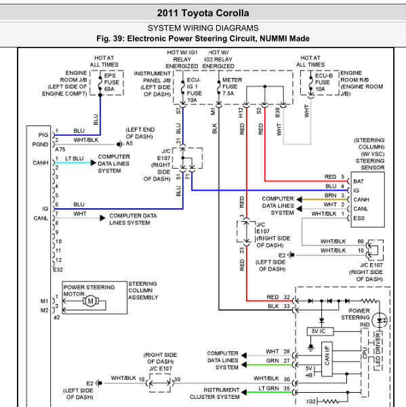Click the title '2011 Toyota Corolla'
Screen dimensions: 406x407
(x=203, y=13)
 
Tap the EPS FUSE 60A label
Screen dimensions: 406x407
(x=112, y=82)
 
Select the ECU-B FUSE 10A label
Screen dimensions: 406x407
(x=323, y=82)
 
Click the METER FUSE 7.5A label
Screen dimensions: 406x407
(x=232, y=86)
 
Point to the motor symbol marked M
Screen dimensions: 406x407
(x=91, y=301)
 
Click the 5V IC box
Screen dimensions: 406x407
(x=320, y=331)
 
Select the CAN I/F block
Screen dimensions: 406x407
(x=327, y=359)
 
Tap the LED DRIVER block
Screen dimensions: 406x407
(x=378, y=351)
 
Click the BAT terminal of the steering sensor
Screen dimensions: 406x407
(x=359, y=181)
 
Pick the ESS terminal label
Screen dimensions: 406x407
(x=359, y=218)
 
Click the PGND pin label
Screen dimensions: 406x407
(x=40, y=144)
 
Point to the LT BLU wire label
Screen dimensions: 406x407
(x=74, y=158)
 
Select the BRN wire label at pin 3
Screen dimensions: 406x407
(x=331, y=195)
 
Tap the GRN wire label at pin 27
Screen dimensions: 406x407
(x=272, y=361)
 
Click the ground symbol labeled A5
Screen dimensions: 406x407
(x=119, y=144)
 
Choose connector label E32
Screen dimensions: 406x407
(x=58, y=270)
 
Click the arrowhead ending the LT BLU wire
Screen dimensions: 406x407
(x=94, y=163)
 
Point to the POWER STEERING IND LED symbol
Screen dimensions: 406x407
(x=380, y=320)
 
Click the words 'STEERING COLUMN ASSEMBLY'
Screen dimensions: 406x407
(x=143, y=290)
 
